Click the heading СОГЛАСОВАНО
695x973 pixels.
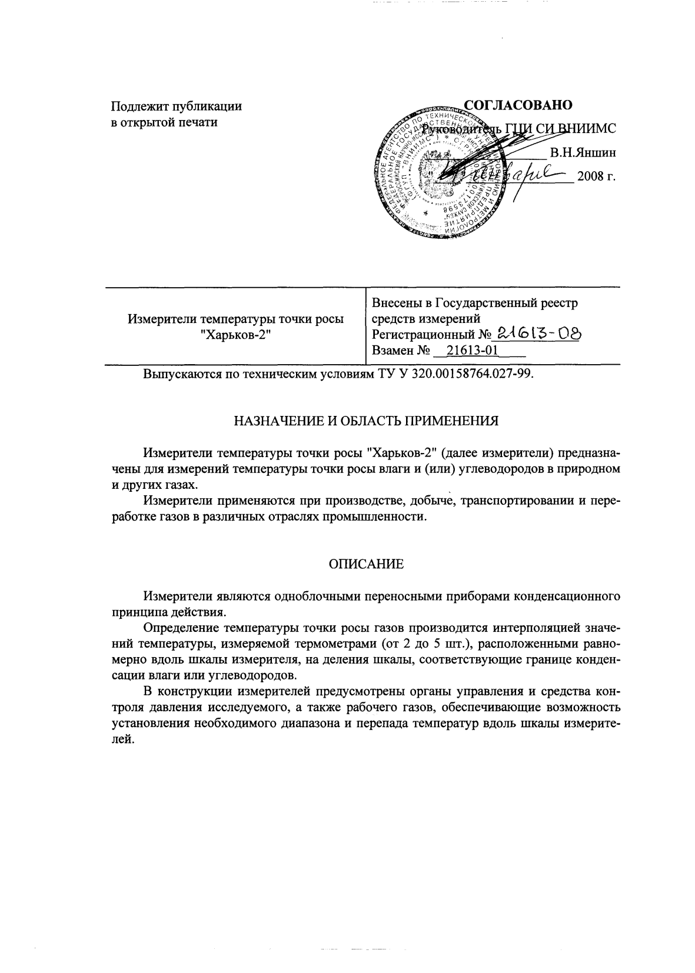point(518,105)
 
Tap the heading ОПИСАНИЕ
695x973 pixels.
point(365,564)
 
